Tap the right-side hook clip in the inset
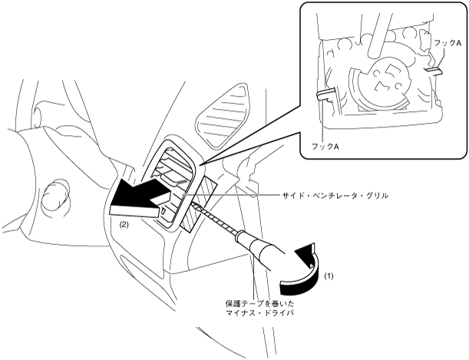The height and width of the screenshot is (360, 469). click(433, 72)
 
